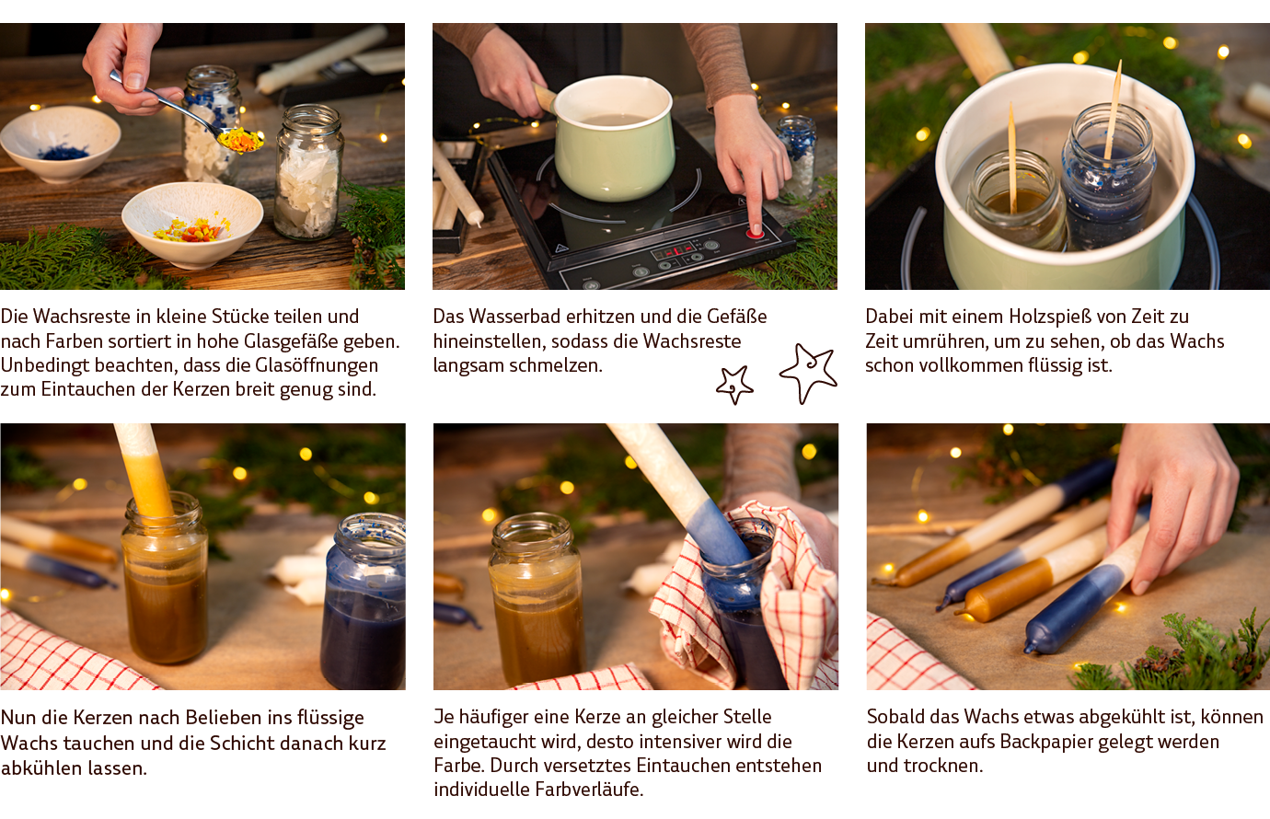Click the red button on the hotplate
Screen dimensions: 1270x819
coord(754,233)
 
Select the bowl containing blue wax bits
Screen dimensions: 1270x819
coord(60,144)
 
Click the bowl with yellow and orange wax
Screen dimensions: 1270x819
coord(192,224)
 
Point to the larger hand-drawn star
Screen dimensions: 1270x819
coord(807,373)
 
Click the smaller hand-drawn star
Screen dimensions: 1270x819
coord(734,385)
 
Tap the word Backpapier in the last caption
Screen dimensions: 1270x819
coord(1060,742)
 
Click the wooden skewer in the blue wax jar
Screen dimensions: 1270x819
coord(1113,109)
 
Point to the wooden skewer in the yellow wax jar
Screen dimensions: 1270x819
coord(1012,157)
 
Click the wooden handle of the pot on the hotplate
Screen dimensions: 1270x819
coord(543,97)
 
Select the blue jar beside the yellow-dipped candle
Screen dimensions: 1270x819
coord(363,601)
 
